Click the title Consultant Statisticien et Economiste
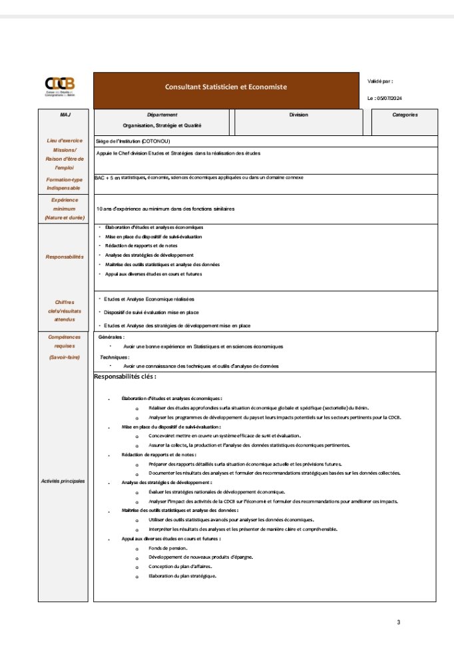click(226, 87)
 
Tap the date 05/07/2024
click(389, 99)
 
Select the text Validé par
click(380, 81)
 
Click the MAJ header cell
click(65, 115)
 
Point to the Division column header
click(298, 115)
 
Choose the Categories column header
click(405, 115)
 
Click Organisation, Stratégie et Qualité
click(162, 125)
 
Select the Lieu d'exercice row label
click(65, 141)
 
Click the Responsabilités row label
click(65, 257)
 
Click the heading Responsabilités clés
click(125, 377)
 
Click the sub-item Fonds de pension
click(163, 548)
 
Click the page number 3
click(398, 623)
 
